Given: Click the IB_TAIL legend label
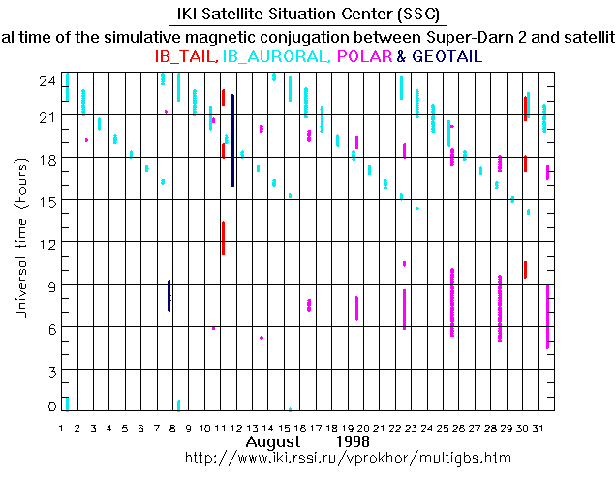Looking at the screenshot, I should (186, 57).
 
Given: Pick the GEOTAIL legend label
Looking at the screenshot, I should (447, 57).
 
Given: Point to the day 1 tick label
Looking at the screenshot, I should (61, 427).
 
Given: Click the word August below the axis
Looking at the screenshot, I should (272, 440).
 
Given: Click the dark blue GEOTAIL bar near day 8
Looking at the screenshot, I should (169, 295).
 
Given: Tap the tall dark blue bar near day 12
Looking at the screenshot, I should (232, 140).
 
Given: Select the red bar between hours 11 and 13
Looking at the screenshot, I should (223, 237).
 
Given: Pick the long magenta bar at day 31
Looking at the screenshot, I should (548, 317).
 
